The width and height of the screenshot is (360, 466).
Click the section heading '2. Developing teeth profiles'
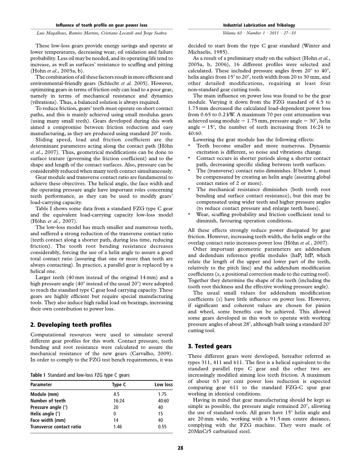[x=71, y=324]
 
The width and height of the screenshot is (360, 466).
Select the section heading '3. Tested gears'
[x=210, y=346]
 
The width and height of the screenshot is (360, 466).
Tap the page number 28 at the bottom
[x=180, y=448]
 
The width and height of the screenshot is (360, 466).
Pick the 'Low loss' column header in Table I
[x=163, y=385]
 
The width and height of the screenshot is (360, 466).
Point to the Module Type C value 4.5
[x=117, y=394]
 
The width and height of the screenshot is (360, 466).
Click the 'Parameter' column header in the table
[x=41, y=385]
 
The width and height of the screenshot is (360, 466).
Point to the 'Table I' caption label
[x=38, y=375]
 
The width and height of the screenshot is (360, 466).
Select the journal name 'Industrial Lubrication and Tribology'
[x=259, y=25]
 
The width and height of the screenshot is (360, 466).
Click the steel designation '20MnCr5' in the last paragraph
[x=200, y=431]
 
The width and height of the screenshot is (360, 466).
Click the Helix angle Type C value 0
[x=114, y=414]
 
